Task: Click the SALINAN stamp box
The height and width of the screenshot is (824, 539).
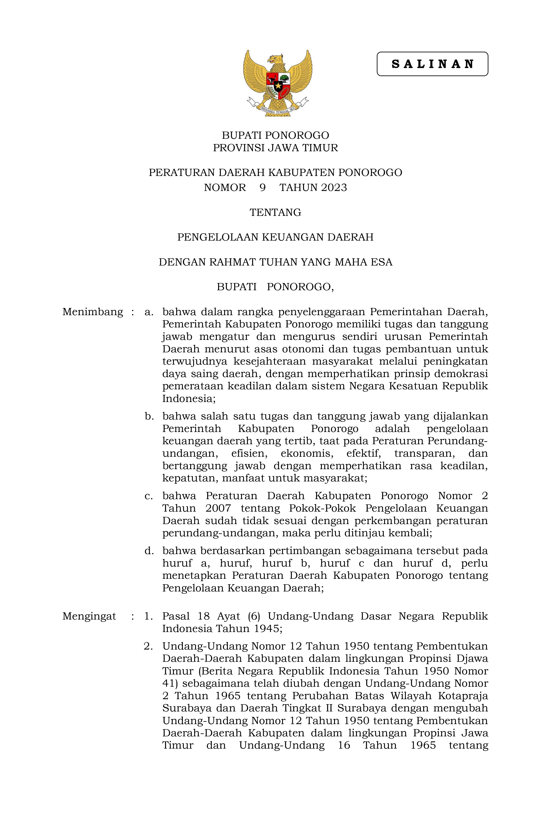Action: pyautogui.click(x=432, y=64)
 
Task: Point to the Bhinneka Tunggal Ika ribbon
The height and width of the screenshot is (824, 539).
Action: pyautogui.click(x=277, y=110)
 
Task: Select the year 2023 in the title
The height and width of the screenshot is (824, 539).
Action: pyautogui.click(x=334, y=188)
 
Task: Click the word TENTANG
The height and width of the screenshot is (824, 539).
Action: pyautogui.click(x=275, y=212)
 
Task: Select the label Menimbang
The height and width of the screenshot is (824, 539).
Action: pyautogui.click(x=93, y=312)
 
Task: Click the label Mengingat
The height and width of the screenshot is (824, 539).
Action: pyautogui.click(x=89, y=616)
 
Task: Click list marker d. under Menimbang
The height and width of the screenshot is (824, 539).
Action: pyautogui.click(x=149, y=551)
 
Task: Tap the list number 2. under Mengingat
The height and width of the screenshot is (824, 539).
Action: pyautogui.click(x=148, y=646)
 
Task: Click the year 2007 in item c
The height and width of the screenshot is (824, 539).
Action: pyautogui.click(x=218, y=508)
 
